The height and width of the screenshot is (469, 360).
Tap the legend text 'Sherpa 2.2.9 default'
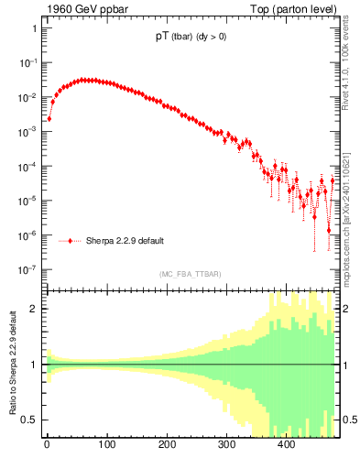click(125, 241)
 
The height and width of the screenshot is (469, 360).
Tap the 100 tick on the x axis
click(106, 445)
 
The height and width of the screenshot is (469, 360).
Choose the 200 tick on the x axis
click(167, 445)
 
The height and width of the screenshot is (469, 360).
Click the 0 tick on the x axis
click(47, 445)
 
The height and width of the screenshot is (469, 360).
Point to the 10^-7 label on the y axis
click(27, 270)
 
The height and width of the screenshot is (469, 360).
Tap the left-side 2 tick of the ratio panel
click(35, 309)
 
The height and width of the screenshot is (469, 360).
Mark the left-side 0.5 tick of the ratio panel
click(30, 420)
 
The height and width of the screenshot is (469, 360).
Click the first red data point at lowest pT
click(49, 118)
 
